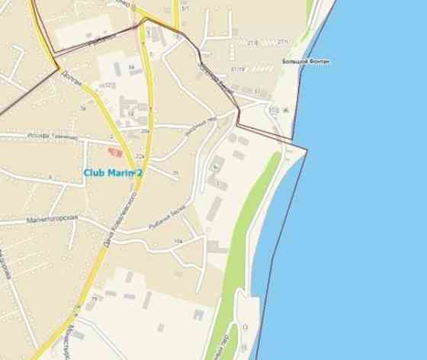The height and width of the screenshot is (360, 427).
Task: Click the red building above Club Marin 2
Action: pyautogui.click(x=115, y=153)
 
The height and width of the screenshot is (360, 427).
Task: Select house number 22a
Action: pyautogui.click(x=140, y=156)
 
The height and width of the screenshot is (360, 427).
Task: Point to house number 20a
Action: pyautogui.click(x=144, y=131)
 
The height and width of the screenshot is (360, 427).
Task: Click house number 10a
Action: pyautogui.click(x=178, y=241)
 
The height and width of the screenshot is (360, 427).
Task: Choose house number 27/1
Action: pyautogui.click(x=283, y=41)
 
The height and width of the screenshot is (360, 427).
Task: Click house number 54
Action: pyautogui.click(x=130, y=67)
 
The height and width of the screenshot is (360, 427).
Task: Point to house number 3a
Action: pyautogui.click(x=83, y=108)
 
